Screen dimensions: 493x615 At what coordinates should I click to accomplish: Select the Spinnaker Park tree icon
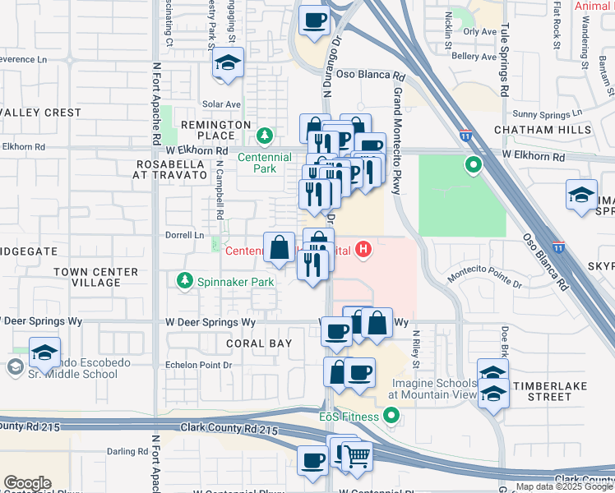185,281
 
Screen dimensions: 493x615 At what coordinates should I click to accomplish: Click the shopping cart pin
356,456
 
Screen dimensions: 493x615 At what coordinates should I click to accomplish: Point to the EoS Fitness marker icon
391,417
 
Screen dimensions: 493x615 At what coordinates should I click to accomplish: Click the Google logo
27,483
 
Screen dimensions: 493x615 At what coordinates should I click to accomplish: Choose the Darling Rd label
126,451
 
